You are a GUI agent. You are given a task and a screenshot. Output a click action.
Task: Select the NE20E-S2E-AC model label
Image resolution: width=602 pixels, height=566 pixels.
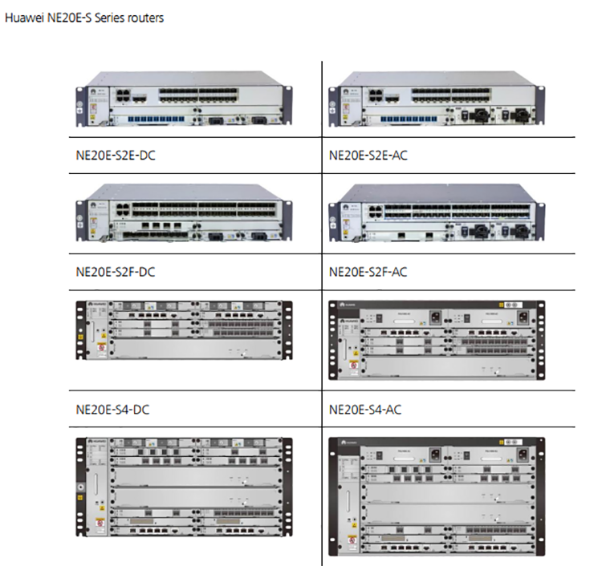pyautogui.click(x=368, y=155)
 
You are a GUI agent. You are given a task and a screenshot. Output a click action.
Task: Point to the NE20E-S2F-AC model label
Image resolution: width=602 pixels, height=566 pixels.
pyautogui.click(x=368, y=272)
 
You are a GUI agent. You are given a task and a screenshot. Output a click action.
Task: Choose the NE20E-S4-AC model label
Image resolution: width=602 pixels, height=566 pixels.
pyautogui.click(x=366, y=410)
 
